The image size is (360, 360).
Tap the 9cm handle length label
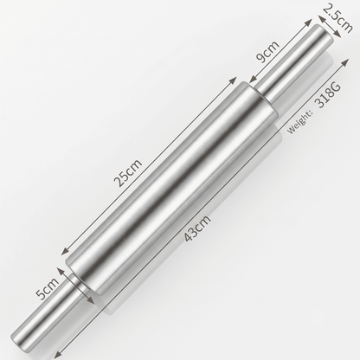pos(268,51)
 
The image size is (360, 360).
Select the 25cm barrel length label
pos(128,172)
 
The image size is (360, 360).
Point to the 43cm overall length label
pos(197,228)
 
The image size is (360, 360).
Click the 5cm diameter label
pos(48,289)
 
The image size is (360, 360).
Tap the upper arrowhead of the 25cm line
pos(233,80)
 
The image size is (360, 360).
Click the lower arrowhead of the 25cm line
pos(66,251)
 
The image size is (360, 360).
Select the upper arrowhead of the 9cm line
pos(308,22)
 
